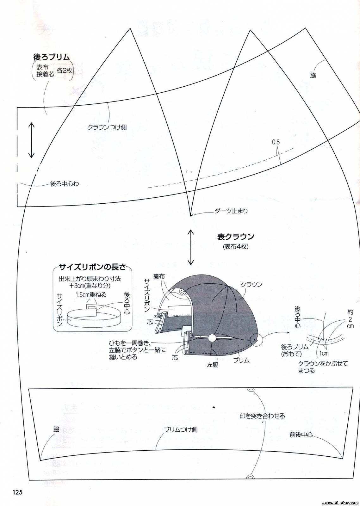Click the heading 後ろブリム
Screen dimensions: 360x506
coord(51,57)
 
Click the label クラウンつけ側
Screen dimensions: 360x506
coord(107,127)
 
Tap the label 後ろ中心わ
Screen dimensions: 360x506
coord(65,184)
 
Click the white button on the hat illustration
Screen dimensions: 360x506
coord(213,338)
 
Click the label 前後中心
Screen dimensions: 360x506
coord(301,435)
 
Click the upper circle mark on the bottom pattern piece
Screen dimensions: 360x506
coord(251,389)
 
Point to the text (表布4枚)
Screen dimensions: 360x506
coord(235,247)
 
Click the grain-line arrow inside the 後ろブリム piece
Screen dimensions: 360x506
coord(31,140)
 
